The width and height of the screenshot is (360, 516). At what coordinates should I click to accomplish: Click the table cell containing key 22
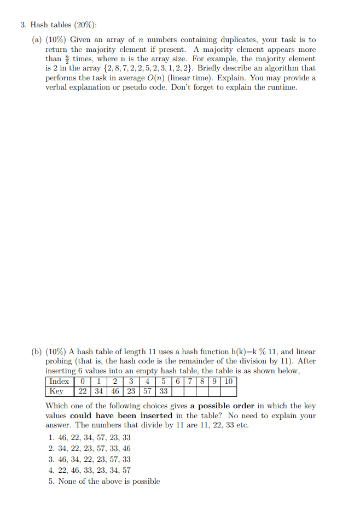[82, 391]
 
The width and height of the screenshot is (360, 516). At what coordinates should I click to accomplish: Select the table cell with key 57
[148, 391]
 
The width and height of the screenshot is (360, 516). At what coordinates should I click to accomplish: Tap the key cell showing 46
[115, 391]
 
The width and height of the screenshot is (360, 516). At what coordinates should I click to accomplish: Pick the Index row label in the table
[59, 382]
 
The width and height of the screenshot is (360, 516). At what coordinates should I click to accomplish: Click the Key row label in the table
[56, 391]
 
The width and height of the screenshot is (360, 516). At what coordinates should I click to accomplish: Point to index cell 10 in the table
[229, 382]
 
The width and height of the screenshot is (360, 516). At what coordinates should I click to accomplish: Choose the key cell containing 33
[164, 391]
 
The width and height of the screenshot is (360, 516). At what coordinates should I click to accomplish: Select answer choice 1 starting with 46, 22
[90, 438]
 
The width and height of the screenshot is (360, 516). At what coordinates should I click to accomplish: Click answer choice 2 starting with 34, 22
[90, 449]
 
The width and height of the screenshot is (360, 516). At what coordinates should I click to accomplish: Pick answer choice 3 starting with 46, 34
[90, 460]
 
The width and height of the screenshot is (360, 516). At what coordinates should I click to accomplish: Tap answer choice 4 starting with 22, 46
[90, 471]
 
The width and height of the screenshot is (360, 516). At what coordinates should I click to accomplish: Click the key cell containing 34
[98, 391]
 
